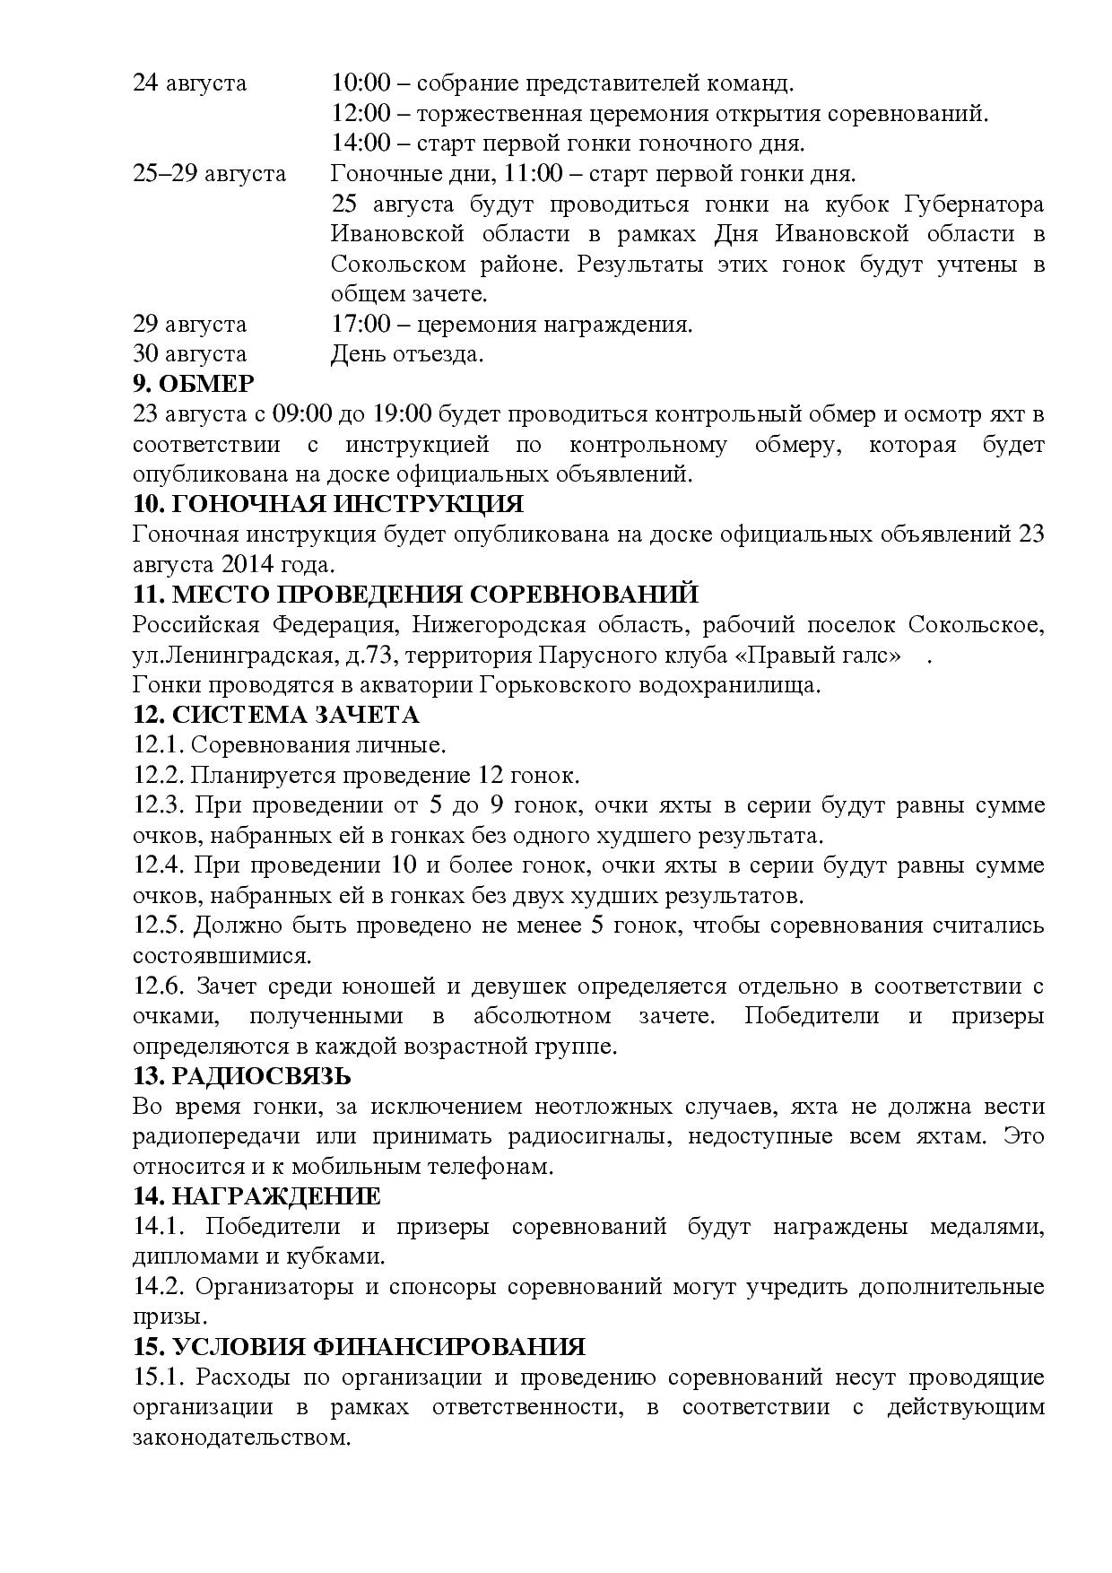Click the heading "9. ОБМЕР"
pyautogui.click(x=193, y=384)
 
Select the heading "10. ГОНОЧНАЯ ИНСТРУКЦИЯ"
pyautogui.click(x=327, y=504)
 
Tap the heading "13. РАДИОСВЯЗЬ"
pyautogui.click(x=241, y=1076)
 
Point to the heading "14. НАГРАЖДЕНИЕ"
pyautogui.click(x=256, y=1196)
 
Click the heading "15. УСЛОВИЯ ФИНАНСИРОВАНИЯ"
pyautogui.click(x=359, y=1347)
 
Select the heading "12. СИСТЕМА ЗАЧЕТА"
pyautogui.click(x=276, y=715)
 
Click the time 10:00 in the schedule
pyautogui.click(x=361, y=83)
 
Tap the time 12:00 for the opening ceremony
pyautogui.click(x=361, y=114)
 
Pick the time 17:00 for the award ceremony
pyautogui.click(x=361, y=324)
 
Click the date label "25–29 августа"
pyautogui.click(x=209, y=173)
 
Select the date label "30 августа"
pyautogui.click(x=189, y=354)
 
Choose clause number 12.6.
pyautogui.click(x=159, y=986)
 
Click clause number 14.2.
pyautogui.click(x=159, y=1287)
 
